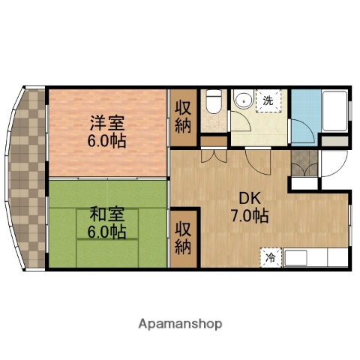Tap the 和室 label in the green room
105,214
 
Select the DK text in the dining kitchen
250,199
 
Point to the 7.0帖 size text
250,216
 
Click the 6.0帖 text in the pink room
105,140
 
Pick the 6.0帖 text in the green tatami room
105,231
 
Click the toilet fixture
213,102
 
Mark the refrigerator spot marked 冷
270,258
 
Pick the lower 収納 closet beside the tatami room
183,237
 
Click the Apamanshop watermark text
180,324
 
